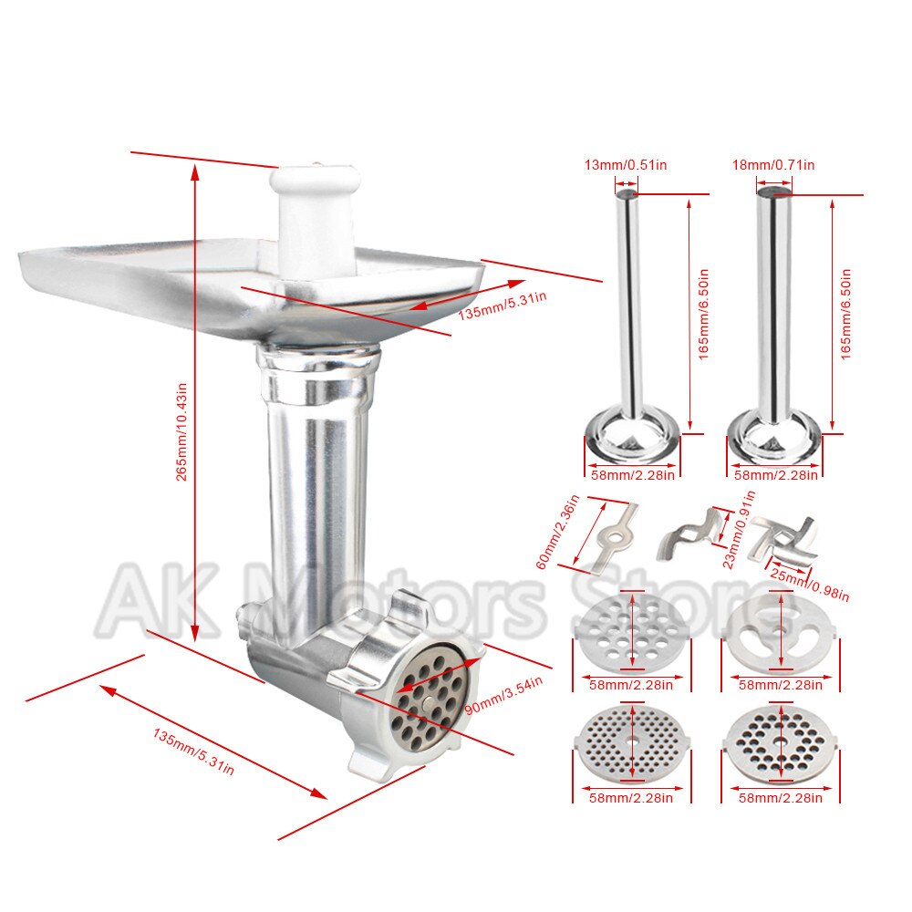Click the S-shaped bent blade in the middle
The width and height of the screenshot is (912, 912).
click(x=689, y=534)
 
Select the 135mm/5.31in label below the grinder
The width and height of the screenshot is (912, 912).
click(x=193, y=751)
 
